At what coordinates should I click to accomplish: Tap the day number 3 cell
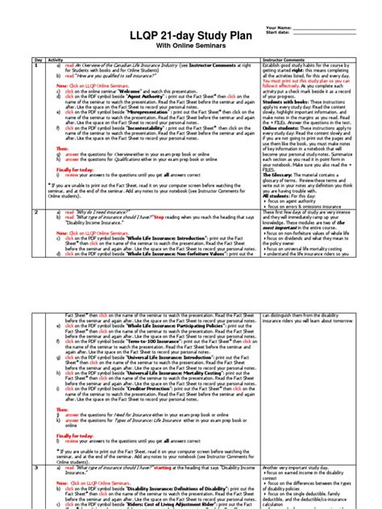pyautogui.click(x=37, y=466)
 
